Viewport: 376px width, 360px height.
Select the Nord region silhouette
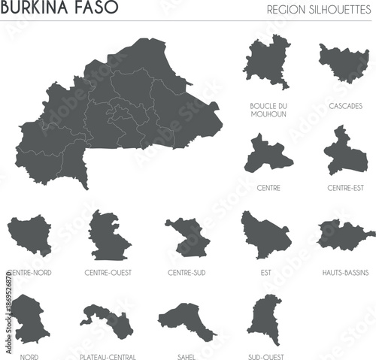(29, 319)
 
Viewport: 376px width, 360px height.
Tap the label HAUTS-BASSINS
(344, 272)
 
